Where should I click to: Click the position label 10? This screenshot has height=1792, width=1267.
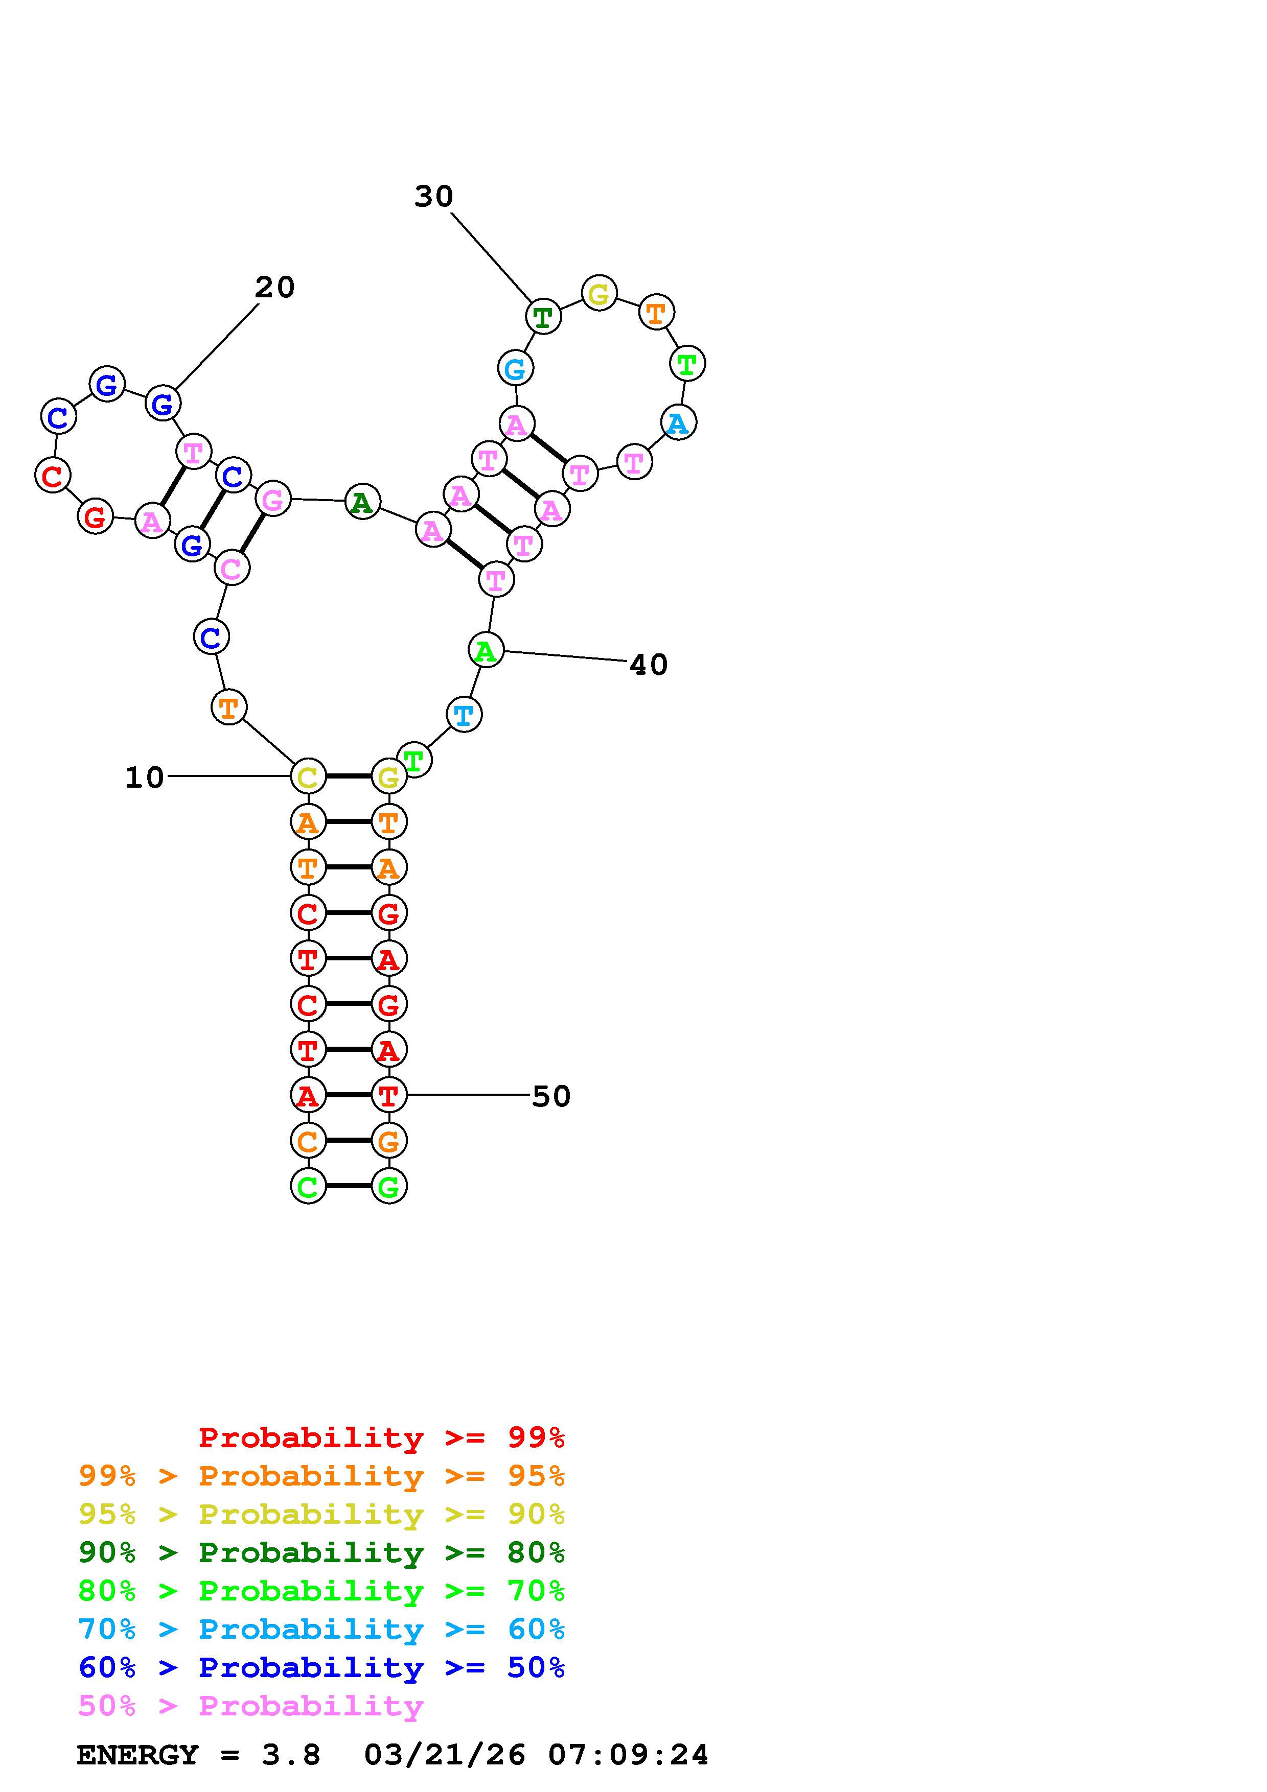click(x=145, y=777)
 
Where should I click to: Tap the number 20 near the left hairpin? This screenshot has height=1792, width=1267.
click(x=275, y=288)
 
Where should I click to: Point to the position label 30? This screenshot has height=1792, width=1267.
click(x=433, y=197)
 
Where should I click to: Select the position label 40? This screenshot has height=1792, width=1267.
click(x=649, y=665)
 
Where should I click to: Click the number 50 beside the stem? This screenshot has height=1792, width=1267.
click(x=551, y=1097)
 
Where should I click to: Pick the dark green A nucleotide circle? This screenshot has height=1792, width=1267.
click(x=362, y=502)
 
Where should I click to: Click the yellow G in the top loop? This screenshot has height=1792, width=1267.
click(x=599, y=293)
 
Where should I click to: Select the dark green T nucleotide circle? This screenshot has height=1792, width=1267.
click(x=543, y=317)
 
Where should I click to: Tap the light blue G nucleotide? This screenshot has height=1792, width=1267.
click(x=515, y=368)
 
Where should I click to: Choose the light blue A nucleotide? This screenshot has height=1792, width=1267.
click(x=678, y=422)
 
